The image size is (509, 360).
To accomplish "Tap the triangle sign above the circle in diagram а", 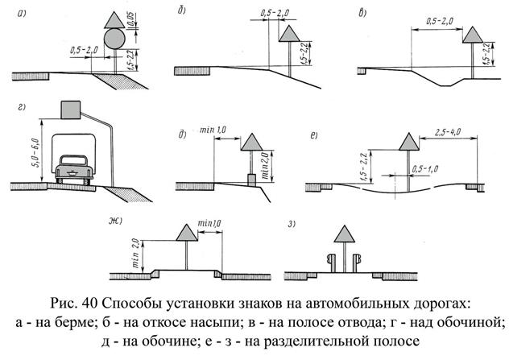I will tap(114, 18).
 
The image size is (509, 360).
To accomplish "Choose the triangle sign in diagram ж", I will tap(187, 232).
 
